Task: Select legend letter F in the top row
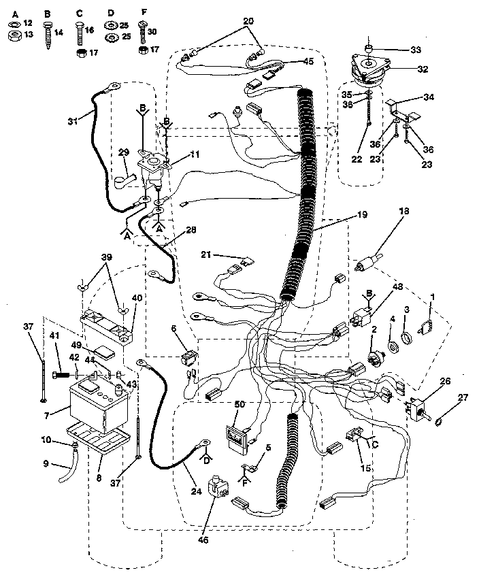click(x=143, y=12)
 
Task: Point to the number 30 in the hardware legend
click(x=152, y=31)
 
